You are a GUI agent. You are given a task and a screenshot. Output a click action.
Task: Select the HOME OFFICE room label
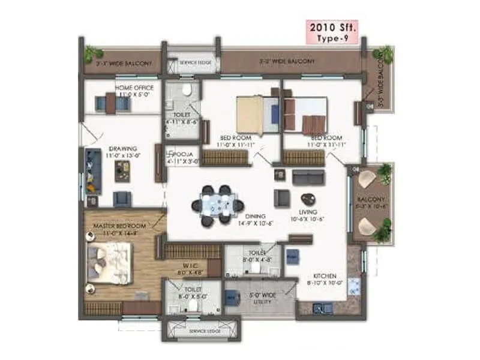click(134, 88)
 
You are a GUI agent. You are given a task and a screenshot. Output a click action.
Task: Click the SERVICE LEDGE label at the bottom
click(204, 331)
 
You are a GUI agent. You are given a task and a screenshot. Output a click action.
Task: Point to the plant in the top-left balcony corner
click(92, 53)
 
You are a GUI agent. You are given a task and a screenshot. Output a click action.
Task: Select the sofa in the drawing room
click(92, 169)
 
